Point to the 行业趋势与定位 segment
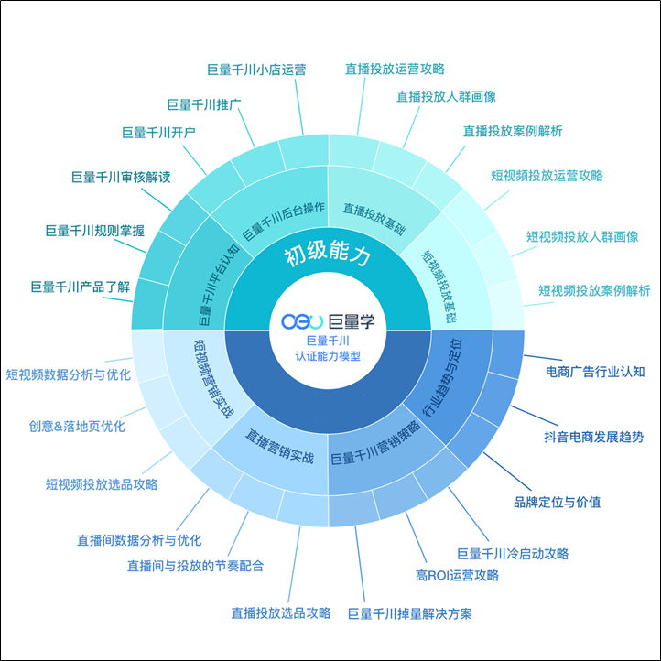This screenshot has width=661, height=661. click(x=442, y=377)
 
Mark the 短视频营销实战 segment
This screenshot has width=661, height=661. click(x=212, y=379)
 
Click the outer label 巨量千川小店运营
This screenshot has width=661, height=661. click(x=256, y=69)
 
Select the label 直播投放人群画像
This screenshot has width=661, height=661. click(x=446, y=96)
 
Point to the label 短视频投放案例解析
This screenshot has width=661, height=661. click(x=594, y=291)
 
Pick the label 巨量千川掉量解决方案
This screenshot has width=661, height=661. click(x=410, y=613)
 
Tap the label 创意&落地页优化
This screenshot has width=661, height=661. click(x=77, y=426)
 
